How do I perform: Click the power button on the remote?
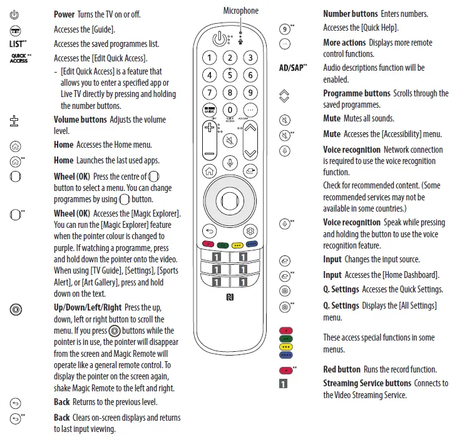coord(218,39)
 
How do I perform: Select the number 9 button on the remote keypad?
coord(250,93)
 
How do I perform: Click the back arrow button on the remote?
coord(210,230)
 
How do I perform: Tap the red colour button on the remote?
coord(208,244)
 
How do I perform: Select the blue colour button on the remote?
coord(252,244)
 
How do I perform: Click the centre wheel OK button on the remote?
coord(230,200)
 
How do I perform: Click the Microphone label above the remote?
coord(240,11)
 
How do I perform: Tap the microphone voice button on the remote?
coord(230,163)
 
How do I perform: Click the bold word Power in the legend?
coord(64,14)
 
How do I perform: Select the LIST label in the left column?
coord(16,44)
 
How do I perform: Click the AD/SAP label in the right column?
coord(290,68)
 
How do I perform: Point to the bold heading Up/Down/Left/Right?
coord(88,307)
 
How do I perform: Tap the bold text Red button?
coord(342,369)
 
